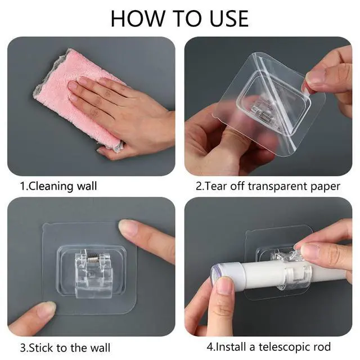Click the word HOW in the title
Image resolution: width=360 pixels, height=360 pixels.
[x=138, y=19]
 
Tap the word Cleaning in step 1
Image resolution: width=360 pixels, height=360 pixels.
[x=51, y=186]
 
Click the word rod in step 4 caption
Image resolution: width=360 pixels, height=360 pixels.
[x=323, y=346]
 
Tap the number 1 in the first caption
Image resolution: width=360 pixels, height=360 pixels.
[x=22, y=186]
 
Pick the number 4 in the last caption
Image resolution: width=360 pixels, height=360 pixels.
[x=210, y=346]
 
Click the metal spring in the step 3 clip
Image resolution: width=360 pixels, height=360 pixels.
[x=93, y=259]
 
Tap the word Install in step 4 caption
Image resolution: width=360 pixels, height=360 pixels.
[x=231, y=346]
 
